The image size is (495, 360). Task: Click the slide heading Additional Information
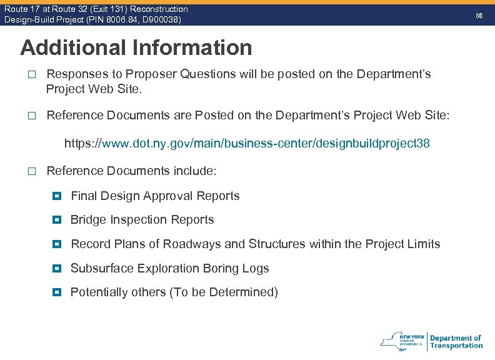[x=136, y=47]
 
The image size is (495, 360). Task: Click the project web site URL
[x=247, y=144]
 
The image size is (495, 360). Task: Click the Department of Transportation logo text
[x=456, y=342]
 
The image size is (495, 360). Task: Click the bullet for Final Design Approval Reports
[x=57, y=196]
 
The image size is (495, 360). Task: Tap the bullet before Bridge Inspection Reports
[x=57, y=219]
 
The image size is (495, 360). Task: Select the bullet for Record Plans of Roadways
[x=57, y=244]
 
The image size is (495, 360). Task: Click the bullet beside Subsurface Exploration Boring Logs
[x=57, y=268]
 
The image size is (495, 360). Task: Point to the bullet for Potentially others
[x=57, y=292]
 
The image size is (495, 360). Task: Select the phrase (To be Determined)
[x=224, y=292]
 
